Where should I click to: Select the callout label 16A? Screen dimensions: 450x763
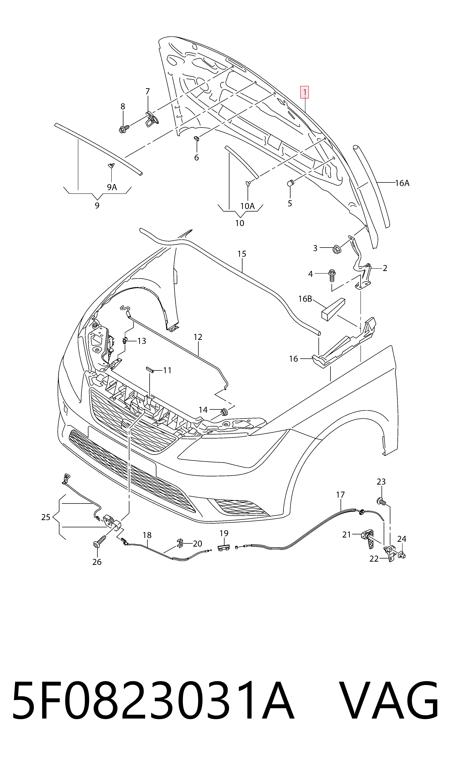click(x=402, y=183)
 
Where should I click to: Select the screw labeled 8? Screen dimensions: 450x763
click(x=124, y=129)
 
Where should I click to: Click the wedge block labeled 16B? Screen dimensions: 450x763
click(x=333, y=309)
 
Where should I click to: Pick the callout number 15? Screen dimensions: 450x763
click(x=242, y=254)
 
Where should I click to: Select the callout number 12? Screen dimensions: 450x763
click(x=198, y=337)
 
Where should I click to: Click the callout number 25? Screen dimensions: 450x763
click(x=46, y=517)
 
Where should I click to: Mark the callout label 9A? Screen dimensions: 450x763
click(x=112, y=187)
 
